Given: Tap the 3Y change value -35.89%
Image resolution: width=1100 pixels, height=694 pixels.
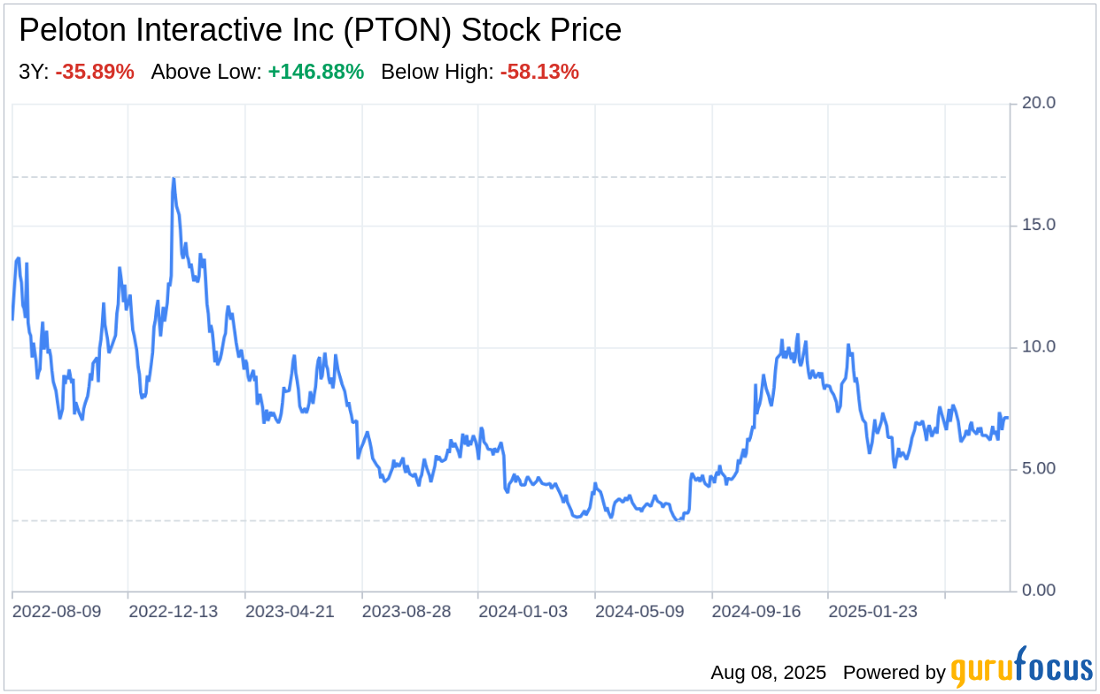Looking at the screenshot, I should (x=95, y=73).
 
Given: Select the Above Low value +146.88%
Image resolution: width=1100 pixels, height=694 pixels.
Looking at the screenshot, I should (x=316, y=73).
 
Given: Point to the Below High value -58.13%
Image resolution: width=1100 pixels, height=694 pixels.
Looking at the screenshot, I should (x=539, y=73).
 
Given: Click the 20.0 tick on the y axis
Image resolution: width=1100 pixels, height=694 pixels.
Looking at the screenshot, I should (x=1038, y=104).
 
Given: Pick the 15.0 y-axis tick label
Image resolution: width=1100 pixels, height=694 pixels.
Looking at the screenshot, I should (x=1038, y=225).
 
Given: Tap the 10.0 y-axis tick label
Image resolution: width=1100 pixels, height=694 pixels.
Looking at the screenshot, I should (x=1038, y=347).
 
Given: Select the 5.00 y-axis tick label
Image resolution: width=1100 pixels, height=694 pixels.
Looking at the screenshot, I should (x=1038, y=468).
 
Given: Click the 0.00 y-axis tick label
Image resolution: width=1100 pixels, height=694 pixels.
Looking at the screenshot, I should (x=1038, y=590).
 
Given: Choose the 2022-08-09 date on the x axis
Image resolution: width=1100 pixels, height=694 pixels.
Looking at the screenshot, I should (x=57, y=612).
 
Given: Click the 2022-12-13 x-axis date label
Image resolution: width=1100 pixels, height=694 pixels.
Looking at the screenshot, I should (x=173, y=612).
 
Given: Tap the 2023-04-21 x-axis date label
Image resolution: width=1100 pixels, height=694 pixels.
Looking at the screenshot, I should (x=290, y=612).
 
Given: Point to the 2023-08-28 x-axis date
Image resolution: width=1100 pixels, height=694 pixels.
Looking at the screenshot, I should (x=407, y=612).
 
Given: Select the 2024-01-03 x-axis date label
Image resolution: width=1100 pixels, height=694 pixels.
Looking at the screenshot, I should (x=523, y=612).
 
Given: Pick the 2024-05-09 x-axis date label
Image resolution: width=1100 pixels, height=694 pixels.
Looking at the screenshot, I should (x=639, y=612).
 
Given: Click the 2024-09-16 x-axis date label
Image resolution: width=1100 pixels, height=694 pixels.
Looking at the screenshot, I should (x=756, y=612).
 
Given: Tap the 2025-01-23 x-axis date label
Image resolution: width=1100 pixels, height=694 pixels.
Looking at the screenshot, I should (x=872, y=612).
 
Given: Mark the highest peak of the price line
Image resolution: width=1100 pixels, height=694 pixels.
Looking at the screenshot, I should (x=174, y=179).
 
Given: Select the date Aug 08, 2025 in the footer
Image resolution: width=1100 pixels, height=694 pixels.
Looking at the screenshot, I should (x=768, y=673).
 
